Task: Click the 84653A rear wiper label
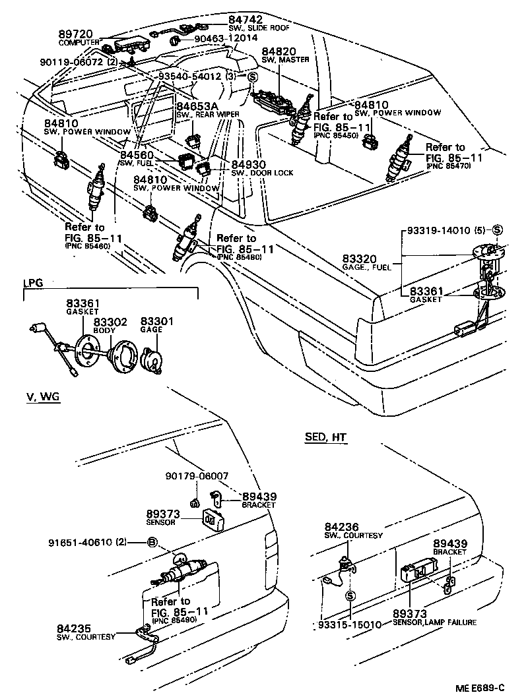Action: (197, 106)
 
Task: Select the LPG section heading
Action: (33, 283)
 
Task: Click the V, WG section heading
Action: (42, 396)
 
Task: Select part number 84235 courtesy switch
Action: (74, 628)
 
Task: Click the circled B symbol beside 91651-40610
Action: (151, 543)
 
